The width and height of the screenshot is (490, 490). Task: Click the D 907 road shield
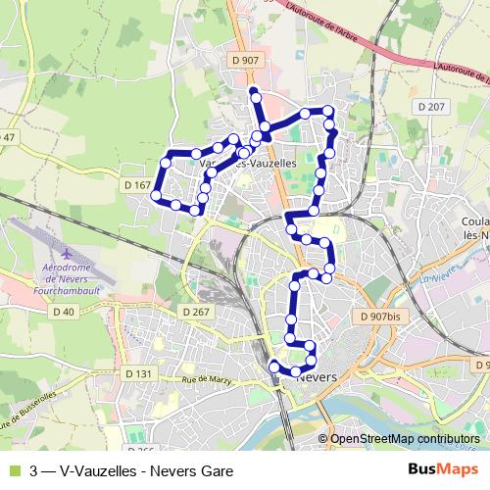click(247, 60)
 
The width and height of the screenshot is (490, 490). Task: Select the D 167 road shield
click(138, 185)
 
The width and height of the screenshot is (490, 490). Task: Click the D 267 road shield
click(196, 312)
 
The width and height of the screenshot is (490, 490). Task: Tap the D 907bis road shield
click(379, 317)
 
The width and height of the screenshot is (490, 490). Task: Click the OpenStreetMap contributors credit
click(404, 440)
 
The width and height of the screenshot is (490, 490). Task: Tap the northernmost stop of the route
click(254, 92)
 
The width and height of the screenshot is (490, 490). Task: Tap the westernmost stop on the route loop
click(155, 196)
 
